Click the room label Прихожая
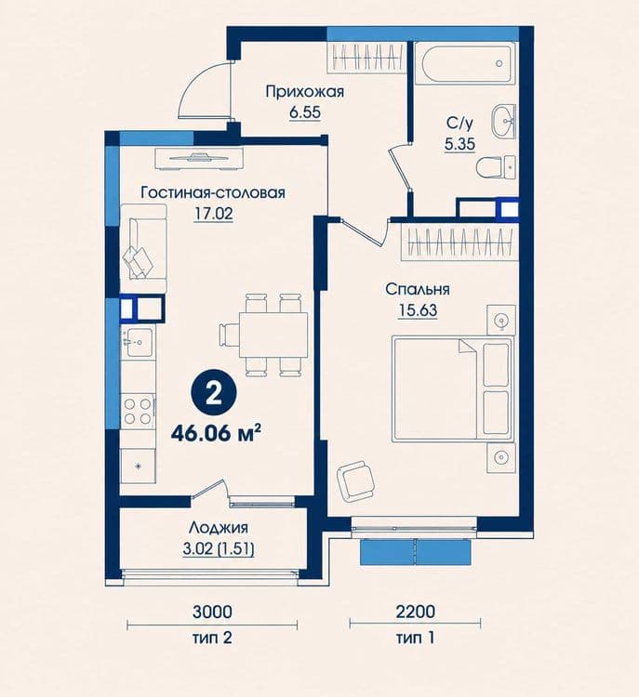pyautogui.click(x=305, y=92)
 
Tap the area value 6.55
pyautogui.click(x=305, y=112)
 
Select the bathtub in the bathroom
pyautogui.click(x=464, y=63)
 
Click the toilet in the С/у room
pyautogui.click(x=496, y=167)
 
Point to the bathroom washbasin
pyautogui.click(x=504, y=120)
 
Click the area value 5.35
pyautogui.click(x=460, y=144)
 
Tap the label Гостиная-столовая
pyautogui.click(x=213, y=193)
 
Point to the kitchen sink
pyautogui.click(x=138, y=342)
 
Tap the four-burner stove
pyautogui.click(x=138, y=411)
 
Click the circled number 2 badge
pyautogui.click(x=214, y=394)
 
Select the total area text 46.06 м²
pyautogui.click(x=216, y=433)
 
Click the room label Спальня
pyautogui.click(x=418, y=289)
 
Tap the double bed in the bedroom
pyautogui.click(x=453, y=389)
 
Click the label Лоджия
pyautogui.click(x=219, y=528)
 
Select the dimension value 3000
pyautogui.click(x=212, y=612)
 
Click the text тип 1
pyautogui.click(x=415, y=638)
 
